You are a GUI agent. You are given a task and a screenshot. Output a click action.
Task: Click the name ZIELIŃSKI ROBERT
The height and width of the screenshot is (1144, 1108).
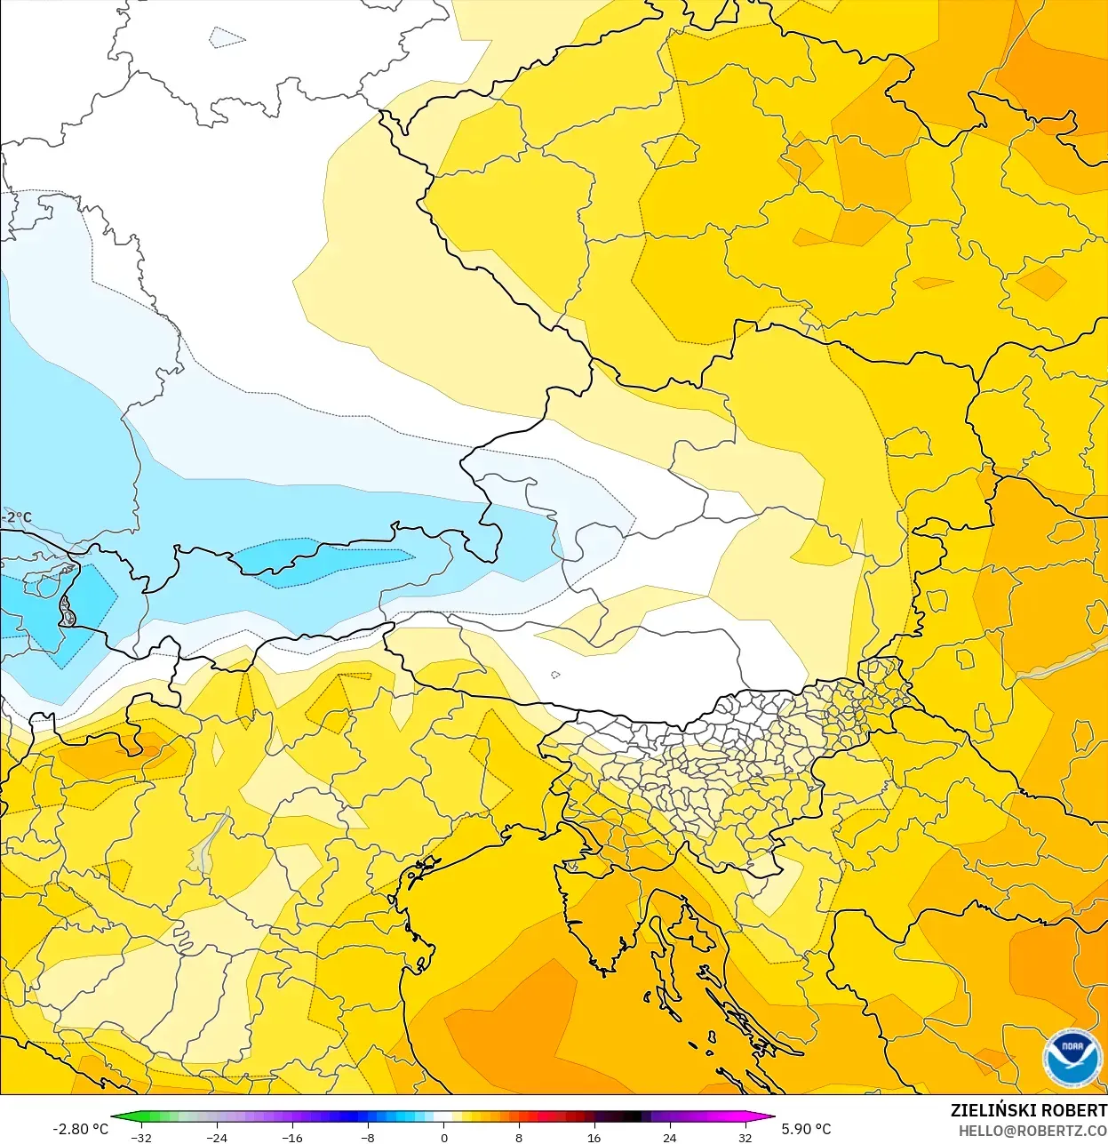(x=1028, y=1110)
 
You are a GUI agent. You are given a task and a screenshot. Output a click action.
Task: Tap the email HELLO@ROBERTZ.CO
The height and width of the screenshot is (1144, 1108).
(x=1032, y=1131)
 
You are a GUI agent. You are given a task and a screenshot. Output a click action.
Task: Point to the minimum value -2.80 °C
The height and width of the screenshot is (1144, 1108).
(x=80, y=1129)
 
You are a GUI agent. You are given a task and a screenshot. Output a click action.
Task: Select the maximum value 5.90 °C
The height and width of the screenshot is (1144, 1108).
(x=806, y=1129)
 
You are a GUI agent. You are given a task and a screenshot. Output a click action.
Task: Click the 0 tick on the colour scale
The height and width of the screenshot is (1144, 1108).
(x=443, y=1137)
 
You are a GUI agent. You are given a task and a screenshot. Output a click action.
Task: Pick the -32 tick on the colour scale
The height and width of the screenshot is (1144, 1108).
(x=141, y=1137)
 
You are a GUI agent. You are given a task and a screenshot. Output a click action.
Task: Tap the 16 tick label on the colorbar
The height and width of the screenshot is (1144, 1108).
(x=594, y=1137)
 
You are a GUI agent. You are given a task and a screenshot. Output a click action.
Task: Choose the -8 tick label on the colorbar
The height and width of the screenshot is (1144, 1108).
(x=368, y=1137)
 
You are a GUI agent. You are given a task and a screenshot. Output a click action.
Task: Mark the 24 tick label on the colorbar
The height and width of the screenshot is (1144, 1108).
(x=669, y=1137)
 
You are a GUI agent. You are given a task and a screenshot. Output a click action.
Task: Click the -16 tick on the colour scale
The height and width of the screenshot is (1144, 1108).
(x=292, y=1137)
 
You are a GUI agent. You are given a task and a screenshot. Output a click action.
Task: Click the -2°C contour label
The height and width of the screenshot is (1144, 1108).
(x=16, y=517)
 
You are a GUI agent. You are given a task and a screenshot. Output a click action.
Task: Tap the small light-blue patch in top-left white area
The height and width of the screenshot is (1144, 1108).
(x=226, y=37)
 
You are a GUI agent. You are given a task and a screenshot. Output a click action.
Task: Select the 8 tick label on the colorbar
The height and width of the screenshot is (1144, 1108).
(x=519, y=1137)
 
